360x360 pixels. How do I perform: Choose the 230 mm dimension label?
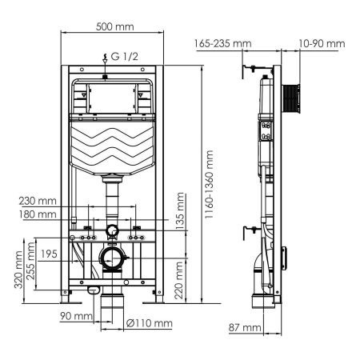pos(39,202)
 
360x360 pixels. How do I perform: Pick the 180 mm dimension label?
pos(39,214)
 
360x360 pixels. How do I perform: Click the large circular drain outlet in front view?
pos(112,259)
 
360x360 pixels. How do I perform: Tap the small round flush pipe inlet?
pos(112,232)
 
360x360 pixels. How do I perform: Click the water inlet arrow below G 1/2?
pos(106,64)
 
